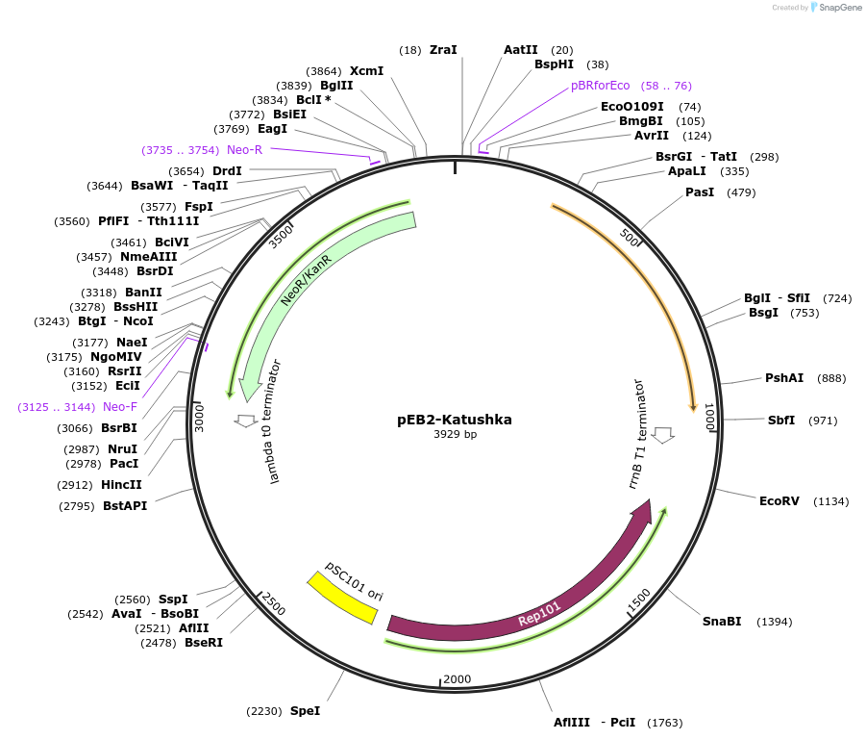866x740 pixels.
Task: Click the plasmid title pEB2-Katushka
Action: tap(455, 420)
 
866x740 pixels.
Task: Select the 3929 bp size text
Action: tap(455, 435)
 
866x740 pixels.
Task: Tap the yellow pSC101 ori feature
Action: tap(341, 597)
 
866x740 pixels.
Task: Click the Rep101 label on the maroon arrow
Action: tap(539, 614)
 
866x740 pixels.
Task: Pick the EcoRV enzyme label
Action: tap(779, 501)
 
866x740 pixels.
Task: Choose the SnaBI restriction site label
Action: tap(722, 622)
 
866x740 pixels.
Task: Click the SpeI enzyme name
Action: tap(305, 711)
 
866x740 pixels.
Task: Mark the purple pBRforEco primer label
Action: tap(601, 86)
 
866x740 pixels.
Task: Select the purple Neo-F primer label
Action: tap(120, 407)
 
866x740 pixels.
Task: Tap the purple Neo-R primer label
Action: tap(244, 149)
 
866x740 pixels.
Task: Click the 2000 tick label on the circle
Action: tap(458, 679)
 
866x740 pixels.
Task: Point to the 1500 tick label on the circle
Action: tap(639, 600)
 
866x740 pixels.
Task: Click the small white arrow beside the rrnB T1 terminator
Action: tap(663, 434)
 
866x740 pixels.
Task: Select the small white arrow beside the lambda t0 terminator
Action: tap(245, 421)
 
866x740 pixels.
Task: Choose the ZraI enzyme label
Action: tap(443, 49)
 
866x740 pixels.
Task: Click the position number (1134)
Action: tap(831, 501)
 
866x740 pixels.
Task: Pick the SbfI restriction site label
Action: tap(781, 421)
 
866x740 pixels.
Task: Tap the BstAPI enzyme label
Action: tap(125, 505)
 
